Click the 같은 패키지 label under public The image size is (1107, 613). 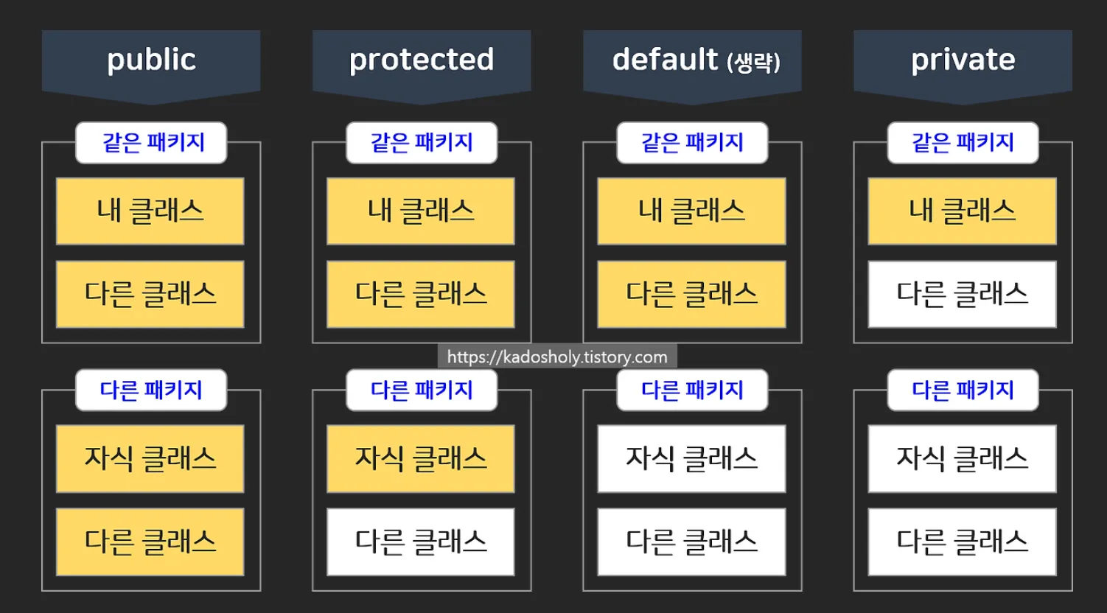click(151, 142)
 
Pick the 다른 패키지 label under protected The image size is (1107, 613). click(422, 390)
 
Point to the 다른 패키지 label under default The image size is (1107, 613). click(692, 390)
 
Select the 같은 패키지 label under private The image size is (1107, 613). click(963, 142)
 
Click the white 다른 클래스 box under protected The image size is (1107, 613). click(421, 542)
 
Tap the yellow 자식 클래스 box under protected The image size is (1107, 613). click(421, 458)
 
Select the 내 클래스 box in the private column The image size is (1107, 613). click(962, 211)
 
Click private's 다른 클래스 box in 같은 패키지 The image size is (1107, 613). click(962, 294)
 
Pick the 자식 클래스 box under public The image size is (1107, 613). click(150, 458)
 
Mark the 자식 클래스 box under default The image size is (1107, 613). click(691, 458)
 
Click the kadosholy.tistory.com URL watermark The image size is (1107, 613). click(557, 357)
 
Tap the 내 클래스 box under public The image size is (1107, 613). click(150, 211)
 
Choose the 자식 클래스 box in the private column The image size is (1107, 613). click(962, 458)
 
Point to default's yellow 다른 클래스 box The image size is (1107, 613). click(691, 294)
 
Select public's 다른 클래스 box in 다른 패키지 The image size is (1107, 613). click(150, 542)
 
